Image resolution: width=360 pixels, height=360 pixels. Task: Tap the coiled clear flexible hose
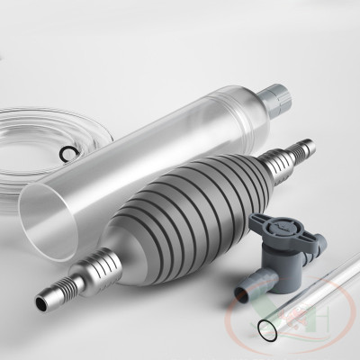pyautogui.click(x=27, y=135)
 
